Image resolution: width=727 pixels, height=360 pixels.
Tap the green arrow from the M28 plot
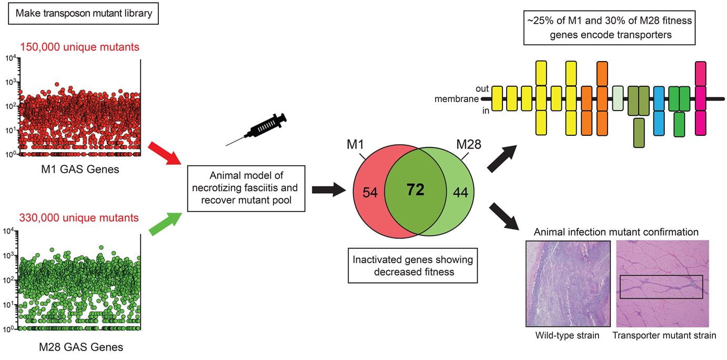(164, 222)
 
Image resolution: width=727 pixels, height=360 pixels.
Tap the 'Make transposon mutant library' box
(84, 13)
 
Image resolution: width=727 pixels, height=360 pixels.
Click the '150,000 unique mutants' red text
(80, 46)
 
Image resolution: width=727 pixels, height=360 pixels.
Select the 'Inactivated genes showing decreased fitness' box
(413, 265)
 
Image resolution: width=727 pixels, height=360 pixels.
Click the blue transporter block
(659, 111)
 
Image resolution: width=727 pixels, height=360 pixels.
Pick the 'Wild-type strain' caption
(567, 335)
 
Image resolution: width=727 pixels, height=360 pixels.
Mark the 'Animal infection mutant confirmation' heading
(616, 232)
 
